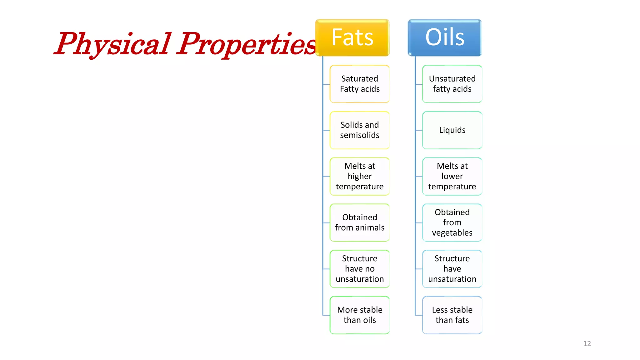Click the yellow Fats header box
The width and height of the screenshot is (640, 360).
pos(352,37)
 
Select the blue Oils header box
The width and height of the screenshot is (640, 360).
pos(445,37)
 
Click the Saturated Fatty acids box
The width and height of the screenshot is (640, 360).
pos(360,84)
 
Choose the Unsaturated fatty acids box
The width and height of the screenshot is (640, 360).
pos(452,84)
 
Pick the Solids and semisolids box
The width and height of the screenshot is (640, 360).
pos(360,130)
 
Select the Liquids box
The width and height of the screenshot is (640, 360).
pos(452,130)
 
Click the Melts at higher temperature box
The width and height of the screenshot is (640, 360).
pos(360,176)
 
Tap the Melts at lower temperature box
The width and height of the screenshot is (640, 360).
pos(452,176)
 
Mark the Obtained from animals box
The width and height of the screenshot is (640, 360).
pos(360,222)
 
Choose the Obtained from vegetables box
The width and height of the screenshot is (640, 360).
pos(452,222)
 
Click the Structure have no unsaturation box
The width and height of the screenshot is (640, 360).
pos(360,269)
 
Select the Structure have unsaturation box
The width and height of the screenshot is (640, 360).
pos(452,269)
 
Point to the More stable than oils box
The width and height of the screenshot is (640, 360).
pos(360,315)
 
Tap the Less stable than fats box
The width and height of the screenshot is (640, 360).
pos(452,315)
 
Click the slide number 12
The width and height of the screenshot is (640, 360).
pos(587,343)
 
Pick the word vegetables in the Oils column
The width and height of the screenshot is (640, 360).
pos(452,233)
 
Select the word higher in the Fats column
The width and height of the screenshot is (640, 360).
pos(360,176)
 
